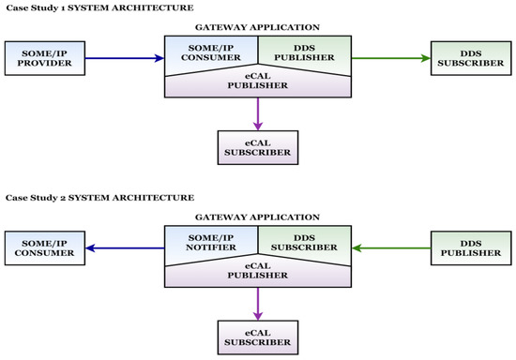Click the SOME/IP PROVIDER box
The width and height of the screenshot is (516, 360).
tap(44, 58)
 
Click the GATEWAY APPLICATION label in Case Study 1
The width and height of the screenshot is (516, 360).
tap(258, 29)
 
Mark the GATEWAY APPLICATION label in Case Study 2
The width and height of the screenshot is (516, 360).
tap(258, 216)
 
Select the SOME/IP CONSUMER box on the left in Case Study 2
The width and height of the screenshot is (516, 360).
tap(44, 248)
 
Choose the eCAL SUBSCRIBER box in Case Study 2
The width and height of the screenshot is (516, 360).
tap(257, 335)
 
